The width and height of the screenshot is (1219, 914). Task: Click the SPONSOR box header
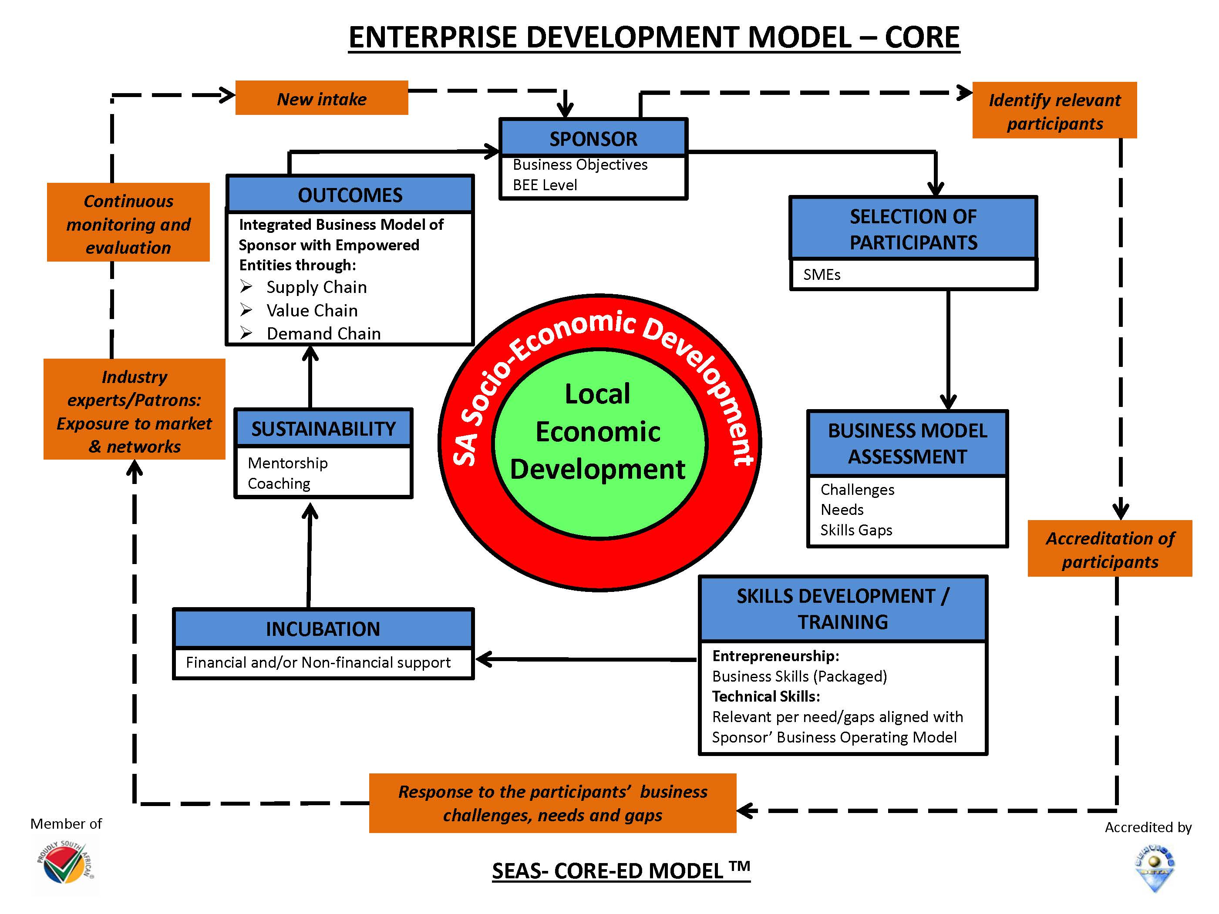[x=593, y=138]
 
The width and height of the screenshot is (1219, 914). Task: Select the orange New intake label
[x=321, y=99]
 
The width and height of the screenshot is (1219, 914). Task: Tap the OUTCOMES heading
[x=350, y=195]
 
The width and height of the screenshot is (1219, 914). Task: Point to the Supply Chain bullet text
[x=317, y=287]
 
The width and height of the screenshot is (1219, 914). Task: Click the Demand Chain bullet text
[x=323, y=333]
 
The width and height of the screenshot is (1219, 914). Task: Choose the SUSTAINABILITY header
[x=323, y=429]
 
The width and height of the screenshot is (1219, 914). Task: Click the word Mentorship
[x=288, y=463]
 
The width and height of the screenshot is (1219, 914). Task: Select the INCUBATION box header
[x=323, y=628]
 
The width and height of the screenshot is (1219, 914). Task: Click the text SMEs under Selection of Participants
[x=822, y=274]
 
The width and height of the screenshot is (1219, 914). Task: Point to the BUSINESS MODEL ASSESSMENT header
[x=907, y=444]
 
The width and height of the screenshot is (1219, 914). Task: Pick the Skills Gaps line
[x=856, y=530]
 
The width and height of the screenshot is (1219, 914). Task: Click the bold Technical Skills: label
[x=766, y=696]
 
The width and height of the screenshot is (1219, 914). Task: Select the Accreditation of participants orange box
[x=1109, y=549]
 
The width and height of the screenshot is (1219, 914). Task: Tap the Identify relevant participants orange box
[x=1054, y=111]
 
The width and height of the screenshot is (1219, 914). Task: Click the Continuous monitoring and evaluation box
[x=128, y=224]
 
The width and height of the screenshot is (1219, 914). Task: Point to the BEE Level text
[x=545, y=185]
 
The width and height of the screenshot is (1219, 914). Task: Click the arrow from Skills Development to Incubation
[x=584, y=659]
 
